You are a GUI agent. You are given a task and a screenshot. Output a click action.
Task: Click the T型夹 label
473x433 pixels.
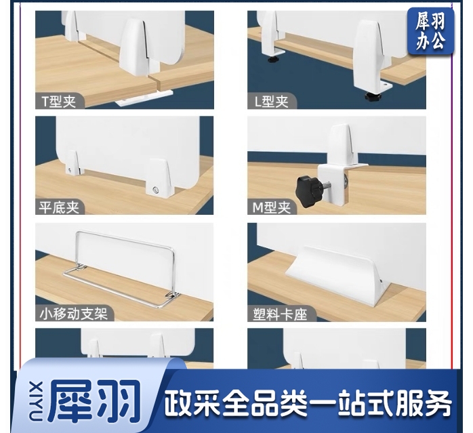click(x=60, y=102)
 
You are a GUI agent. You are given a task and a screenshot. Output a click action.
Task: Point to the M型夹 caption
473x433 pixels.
click(x=272, y=207)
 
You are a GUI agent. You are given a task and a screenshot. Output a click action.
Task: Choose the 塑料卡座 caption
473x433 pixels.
click(x=278, y=313)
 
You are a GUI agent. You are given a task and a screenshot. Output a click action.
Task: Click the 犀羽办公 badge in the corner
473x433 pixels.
click(x=430, y=31)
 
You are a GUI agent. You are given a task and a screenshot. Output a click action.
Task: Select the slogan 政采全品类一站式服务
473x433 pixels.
click(x=308, y=404)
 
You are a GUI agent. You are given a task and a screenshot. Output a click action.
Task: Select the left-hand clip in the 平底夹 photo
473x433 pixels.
click(x=70, y=167)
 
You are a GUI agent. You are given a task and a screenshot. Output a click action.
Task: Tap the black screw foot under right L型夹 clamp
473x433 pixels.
click(x=373, y=97)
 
